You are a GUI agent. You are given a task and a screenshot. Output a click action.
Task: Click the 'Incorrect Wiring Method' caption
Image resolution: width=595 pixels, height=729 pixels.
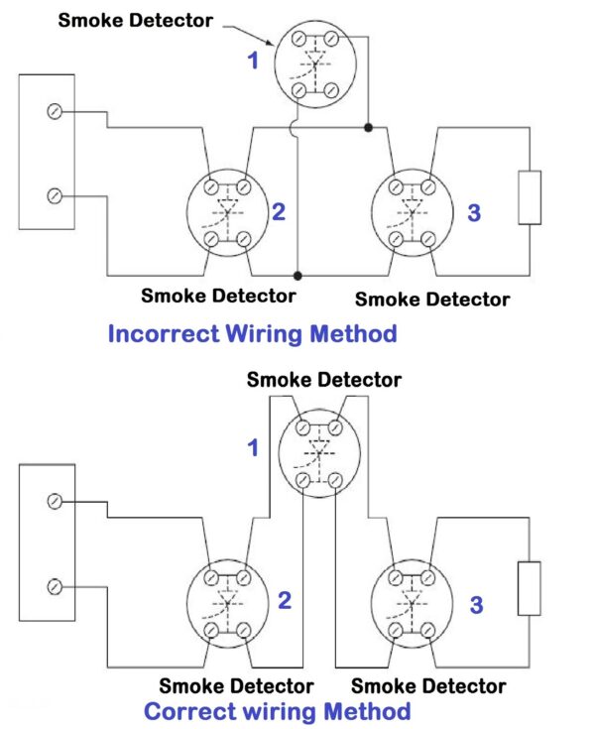click(252, 333)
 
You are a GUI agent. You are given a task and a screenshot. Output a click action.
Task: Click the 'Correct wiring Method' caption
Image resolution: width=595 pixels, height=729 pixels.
click(277, 710)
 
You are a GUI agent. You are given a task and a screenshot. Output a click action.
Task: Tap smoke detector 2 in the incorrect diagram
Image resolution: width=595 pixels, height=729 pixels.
click(227, 211)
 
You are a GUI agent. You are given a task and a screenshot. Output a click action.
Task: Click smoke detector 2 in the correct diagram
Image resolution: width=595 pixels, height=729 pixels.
click(227, 602)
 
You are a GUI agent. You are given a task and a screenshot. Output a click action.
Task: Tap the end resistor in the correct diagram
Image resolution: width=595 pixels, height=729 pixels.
click(530, 589)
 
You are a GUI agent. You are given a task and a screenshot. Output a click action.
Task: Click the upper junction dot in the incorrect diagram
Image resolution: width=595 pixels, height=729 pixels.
click(368, 128)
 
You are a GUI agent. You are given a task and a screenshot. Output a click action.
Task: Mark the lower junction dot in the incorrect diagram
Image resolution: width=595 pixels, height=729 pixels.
click(297, 275)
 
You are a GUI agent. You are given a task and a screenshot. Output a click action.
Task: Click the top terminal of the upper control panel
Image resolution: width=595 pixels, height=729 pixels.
click(55, 112)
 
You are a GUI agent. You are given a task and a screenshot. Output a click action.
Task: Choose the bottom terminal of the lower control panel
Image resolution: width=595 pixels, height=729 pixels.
click(55, 588)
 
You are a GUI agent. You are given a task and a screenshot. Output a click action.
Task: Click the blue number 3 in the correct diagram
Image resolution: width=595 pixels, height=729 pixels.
click(477, 604)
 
